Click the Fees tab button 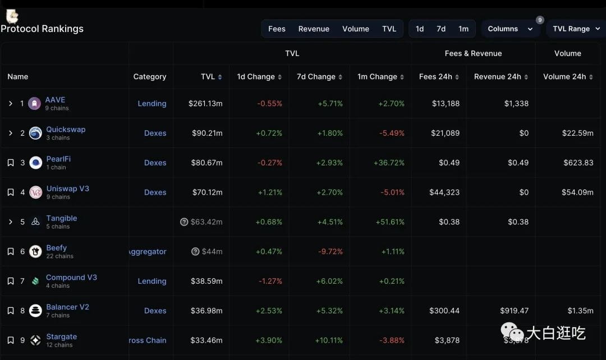[277, 29]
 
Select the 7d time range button [441, 29]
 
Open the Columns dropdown [510, 29]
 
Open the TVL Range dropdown [576, 29]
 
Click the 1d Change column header [259, 76]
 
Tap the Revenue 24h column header [501, 76]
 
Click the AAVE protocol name [55, 100]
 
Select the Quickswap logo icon [35, 133]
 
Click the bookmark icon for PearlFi [11, 163]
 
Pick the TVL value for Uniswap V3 [208, 192]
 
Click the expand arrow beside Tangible [11, 222]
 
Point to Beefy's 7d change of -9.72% [330, 251]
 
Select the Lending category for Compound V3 [152, 281]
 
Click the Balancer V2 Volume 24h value [581, 311]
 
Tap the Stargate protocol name [62, 336]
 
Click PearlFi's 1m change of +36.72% [389, 163]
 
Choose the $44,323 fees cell [444, 192]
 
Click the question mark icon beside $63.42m [184, 221]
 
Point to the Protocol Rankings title [42, 29]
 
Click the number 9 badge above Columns [540, 20]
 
